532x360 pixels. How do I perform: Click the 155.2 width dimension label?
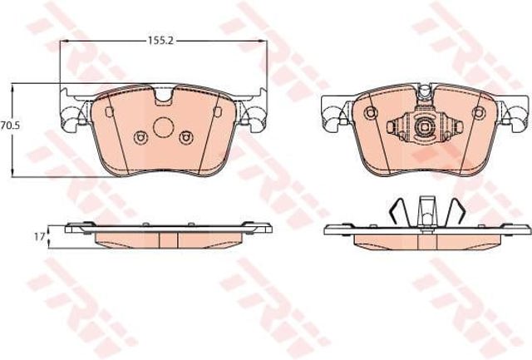coord(160,41)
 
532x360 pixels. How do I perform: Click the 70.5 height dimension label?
coord(11,126)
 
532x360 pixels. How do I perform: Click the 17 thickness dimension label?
coord(39,236)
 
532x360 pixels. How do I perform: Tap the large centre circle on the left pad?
coord(164,127)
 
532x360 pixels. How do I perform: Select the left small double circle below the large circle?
coord(140,137)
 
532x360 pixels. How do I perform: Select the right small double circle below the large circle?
coord(186,137)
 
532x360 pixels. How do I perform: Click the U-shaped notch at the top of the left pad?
coord(164,95)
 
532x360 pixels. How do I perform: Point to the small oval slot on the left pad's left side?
coord(109,111)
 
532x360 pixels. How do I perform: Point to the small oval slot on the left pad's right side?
coord(218,111)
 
